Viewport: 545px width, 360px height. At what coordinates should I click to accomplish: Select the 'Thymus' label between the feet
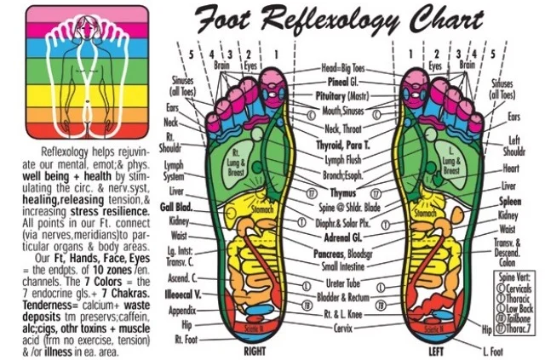click(x=341, y=193)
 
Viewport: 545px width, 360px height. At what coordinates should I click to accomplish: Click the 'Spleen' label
click(x=510, y=202)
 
